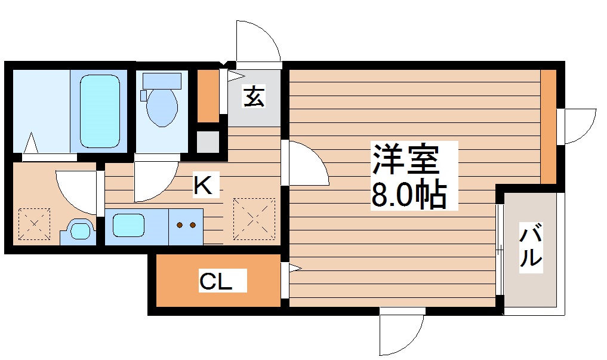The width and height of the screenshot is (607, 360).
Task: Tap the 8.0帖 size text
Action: pos(409,193)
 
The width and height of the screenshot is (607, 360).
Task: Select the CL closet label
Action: pos(215,281)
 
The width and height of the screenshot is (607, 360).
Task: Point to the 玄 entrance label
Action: pos(254,96)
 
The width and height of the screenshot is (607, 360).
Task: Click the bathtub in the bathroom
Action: pos(100,111)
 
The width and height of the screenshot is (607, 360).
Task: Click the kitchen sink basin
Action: pos(129,226)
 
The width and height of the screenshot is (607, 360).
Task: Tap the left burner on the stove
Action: pos(180,226)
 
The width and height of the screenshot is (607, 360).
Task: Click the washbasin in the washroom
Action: pos(79,230)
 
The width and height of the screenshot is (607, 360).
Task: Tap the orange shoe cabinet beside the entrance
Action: pos(208,96)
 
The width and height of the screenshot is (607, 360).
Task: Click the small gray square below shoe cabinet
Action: pos(208,142)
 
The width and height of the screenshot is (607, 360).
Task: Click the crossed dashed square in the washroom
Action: pos(33,225)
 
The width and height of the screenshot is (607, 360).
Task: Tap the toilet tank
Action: pos(161,79)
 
